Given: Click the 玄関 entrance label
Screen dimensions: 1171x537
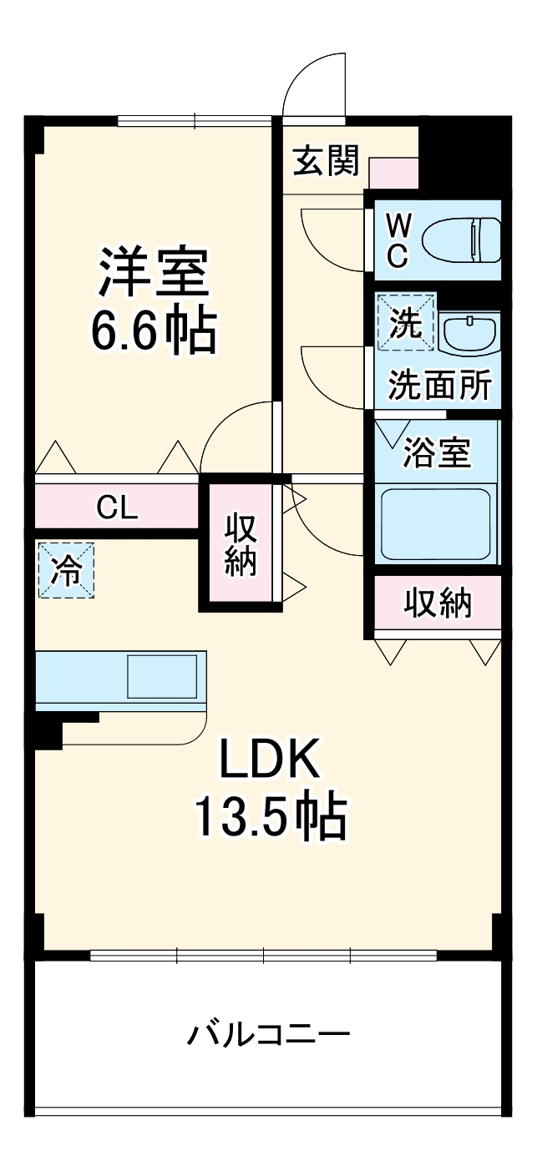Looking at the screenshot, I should click(x=325, y=161).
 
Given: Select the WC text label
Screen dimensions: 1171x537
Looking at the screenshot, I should click(x=399, y=240).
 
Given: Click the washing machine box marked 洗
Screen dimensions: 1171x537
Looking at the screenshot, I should click(x=406, y=321).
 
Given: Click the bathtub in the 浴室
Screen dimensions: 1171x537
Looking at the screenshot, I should click(x=435, y=524).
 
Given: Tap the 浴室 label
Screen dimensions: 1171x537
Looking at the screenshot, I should click(x=437, y=452).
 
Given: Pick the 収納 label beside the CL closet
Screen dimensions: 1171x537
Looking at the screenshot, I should click(x=241, y=544).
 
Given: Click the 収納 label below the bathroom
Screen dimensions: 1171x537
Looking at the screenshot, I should click(x=438, y=602).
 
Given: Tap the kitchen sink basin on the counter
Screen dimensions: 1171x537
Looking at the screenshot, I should click(x=161, y=676).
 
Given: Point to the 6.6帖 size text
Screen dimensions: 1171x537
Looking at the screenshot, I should click(x=153, y=331).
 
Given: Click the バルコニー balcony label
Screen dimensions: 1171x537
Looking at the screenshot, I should click(x=267, y=1036).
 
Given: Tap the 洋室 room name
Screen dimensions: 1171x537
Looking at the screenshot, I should click(x=153, y=271).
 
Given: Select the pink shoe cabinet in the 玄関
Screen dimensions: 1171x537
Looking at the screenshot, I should click(x=393, y=172).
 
